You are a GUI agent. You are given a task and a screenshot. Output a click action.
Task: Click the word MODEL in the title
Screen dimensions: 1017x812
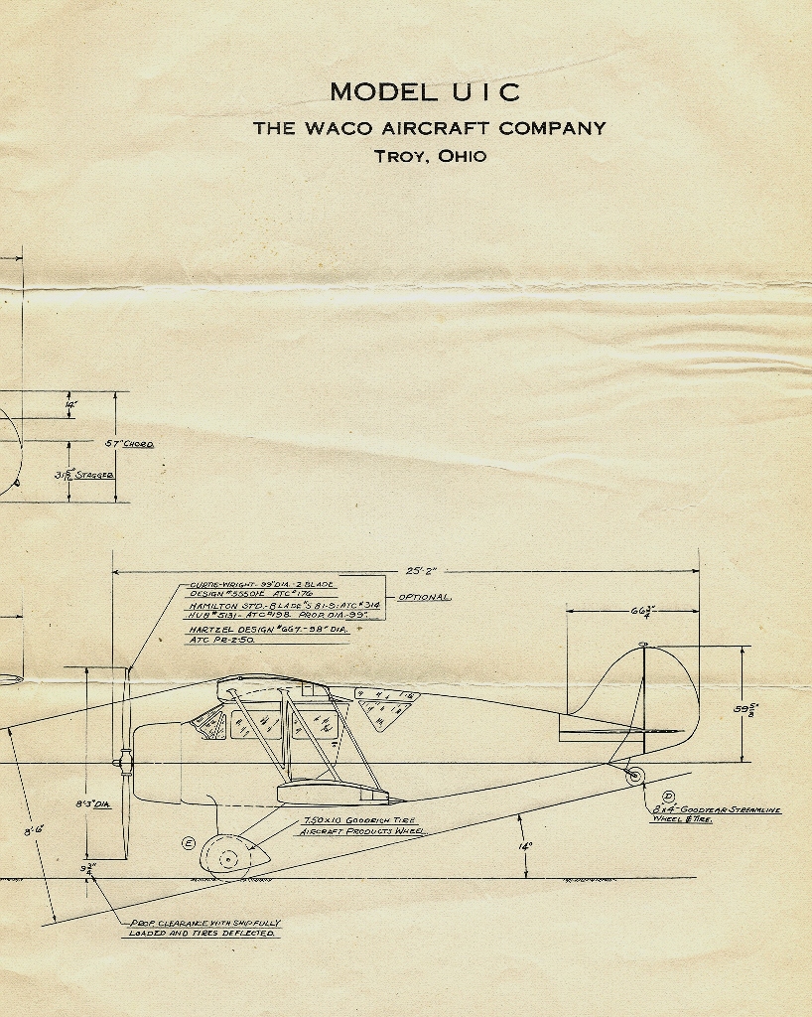pos(382,92)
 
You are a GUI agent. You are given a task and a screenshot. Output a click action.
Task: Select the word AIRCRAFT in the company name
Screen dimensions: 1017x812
pos(437,128)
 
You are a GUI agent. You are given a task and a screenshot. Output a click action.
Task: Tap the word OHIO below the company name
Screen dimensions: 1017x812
pos(460,156)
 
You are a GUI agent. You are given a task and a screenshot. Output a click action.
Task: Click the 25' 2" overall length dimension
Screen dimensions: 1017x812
pos(422,571)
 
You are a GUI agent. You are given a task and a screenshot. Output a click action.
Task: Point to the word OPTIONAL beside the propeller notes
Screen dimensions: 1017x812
pos(425,598)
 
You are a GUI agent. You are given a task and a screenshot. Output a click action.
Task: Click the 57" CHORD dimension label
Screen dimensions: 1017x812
pos(129,444)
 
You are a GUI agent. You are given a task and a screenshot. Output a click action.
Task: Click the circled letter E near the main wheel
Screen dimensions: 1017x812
pos(189,843)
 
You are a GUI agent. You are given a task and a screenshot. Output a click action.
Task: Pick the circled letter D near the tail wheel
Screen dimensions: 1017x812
pos(668,797)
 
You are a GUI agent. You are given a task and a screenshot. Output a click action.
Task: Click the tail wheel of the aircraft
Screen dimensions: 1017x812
pos(634,776)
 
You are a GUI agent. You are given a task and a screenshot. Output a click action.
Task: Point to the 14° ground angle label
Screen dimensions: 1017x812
pos(525,846)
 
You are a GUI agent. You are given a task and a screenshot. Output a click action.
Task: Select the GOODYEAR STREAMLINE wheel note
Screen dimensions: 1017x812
pos(715,814)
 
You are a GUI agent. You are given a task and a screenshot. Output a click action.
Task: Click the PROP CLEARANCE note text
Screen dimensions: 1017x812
pos(204,928)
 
